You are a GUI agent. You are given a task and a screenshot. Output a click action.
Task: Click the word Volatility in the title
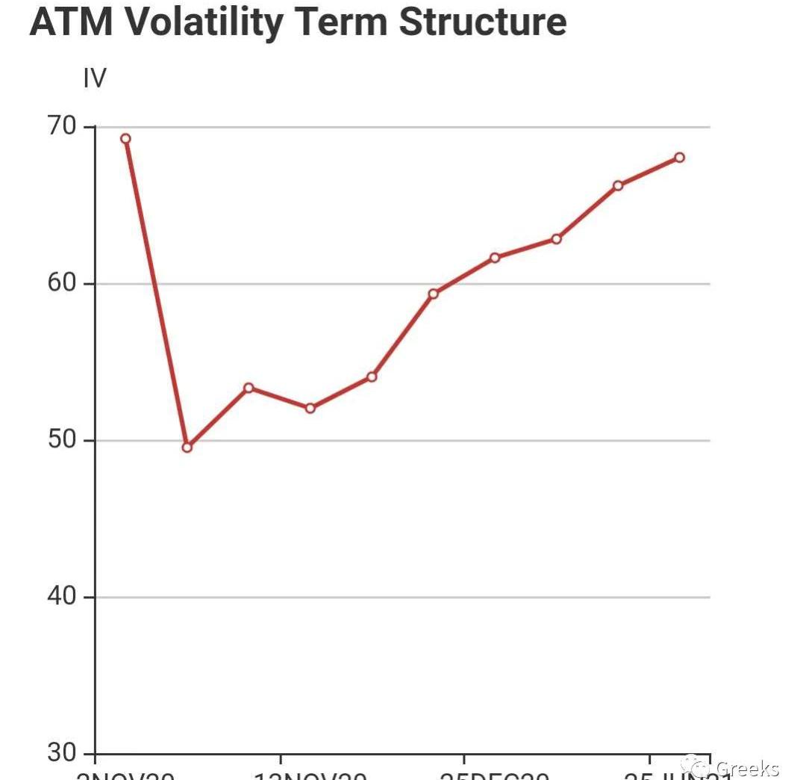point(201,22)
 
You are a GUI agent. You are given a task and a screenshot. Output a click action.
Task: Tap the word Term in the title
point(343,22)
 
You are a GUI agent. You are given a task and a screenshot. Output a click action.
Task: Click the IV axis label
point(95,78)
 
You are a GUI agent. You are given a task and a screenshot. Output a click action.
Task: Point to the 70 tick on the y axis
point(63,126)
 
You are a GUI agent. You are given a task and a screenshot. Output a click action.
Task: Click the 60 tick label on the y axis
point(63,283)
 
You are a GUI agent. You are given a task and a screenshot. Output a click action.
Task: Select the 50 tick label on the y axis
point(63,440)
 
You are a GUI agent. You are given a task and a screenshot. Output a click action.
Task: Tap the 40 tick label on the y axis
point(63,596)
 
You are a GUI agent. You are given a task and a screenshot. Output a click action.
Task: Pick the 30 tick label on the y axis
point(63,752)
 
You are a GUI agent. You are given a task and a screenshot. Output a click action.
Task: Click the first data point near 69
point(125,138)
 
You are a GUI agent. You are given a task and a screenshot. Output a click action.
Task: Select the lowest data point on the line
point(187,448)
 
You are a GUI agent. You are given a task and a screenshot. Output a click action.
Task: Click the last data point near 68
point(679,157)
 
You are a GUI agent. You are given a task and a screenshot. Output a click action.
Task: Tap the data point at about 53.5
point(249,388)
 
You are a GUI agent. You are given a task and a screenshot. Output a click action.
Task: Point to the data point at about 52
point(310,408)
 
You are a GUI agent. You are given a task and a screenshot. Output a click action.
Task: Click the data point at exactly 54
point(372,377)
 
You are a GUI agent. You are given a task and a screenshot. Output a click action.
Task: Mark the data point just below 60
point(433,294)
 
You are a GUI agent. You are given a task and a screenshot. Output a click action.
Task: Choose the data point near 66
point(618,185)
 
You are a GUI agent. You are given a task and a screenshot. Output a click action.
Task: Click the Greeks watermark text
point(747,768)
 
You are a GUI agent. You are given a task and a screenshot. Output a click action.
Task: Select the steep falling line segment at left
point(156,293)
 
